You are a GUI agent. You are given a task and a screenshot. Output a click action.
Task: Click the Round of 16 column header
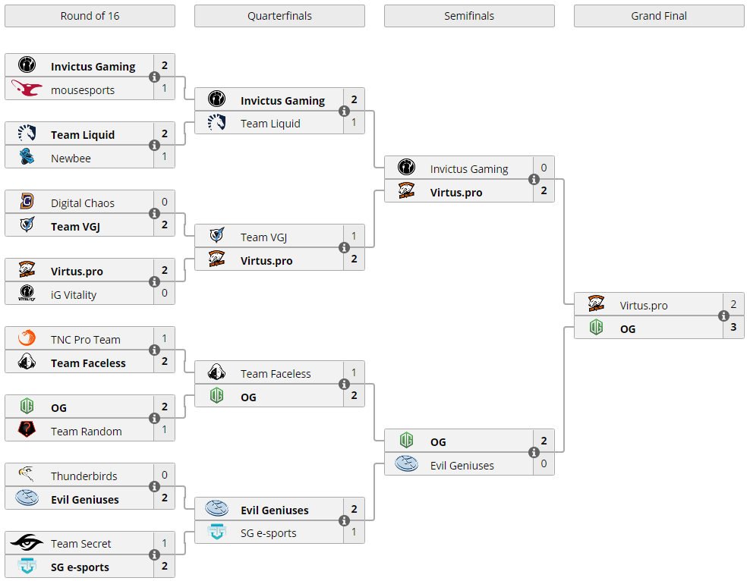pos(90,16)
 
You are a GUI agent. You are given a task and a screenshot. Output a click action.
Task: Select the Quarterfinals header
pos(279,16)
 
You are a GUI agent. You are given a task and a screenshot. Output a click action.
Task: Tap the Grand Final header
pos(659,16)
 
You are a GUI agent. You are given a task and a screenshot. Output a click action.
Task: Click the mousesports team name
pos(83,90)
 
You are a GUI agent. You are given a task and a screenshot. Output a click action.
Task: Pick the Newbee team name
pos(71,159)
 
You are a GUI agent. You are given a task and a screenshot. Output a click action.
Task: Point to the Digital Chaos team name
pos(83,203)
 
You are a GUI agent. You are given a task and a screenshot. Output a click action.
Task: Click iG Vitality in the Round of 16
pos(74,295)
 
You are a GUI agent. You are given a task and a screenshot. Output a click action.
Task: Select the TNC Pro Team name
pos(86,340)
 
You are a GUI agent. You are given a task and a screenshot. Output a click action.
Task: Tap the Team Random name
pos(87,432)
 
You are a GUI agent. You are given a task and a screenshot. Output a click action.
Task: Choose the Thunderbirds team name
pos(84,476)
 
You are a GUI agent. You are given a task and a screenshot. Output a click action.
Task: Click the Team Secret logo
pos(27,543)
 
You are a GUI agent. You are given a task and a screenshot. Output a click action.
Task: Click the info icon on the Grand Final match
pos(723,316)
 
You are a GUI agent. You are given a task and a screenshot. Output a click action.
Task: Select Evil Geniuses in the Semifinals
pos(462,466)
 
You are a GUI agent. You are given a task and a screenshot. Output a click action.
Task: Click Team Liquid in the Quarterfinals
pos(270,124)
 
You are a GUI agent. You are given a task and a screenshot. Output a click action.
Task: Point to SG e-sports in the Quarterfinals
pos(269,533)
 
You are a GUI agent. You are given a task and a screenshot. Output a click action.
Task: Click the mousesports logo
pos(27,90)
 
